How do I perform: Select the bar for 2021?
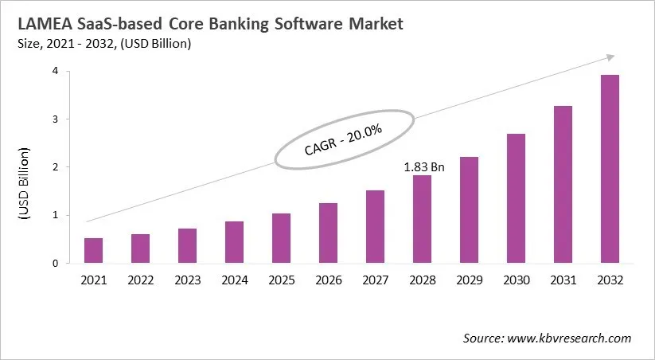point(93,250)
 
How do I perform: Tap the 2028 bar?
point(422,219)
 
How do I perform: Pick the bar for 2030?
point(516,198)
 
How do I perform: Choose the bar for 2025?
point(281,238)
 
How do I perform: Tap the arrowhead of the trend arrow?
point(610,57)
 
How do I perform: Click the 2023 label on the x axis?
point(187,280)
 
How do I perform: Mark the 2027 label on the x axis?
point(375,280)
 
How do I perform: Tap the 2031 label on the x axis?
point(563,280)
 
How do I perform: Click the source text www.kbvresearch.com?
point(570,338)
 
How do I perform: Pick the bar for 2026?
point(328,233)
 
